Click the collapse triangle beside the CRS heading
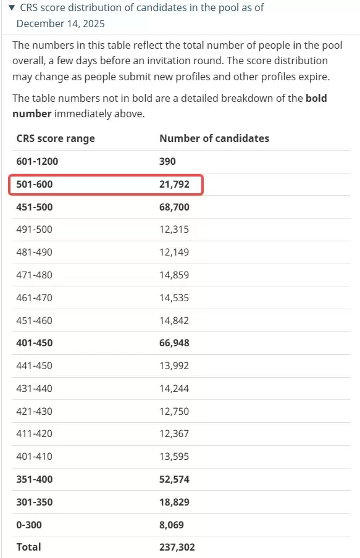tap(12, 7)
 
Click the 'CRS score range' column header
tap(56, 138)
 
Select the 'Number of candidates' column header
tap(214, 138)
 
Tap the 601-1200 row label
tap(37, 161)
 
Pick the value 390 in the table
tap(167, 161)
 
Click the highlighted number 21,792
tap(174, 185)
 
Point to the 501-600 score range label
tap(35, 185)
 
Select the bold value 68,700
tap(174, 207)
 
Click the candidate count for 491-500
tap(174, 229)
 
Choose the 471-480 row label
tap(34, 275)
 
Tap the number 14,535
tap(174, 298)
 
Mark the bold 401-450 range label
tap(35, 343)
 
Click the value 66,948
tap(174, 343)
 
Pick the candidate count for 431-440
tap(174, 388)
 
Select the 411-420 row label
tap(34, 433)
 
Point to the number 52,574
tap(174, 480)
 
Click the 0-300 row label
tap(29, 525)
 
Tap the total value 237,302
tap(177, 547)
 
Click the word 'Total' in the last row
tap(28, 547)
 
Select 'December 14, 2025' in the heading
tap(61, 24)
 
